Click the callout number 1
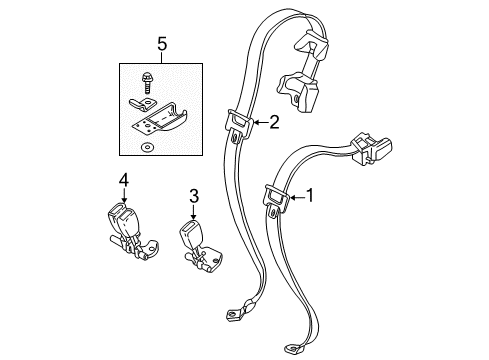pyautogui.click(x=310, y=197)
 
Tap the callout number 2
pyautogui.click(x=273, y=123)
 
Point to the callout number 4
pyautogui.click(x=124, y=181)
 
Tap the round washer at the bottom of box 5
pyautogui.click(x=148, y=146)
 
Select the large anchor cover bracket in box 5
pyautogui.click(x=166, y=119)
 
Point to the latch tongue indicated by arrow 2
pyautogui.click(x=239, y=123)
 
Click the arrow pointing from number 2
pyautogui.click(x=257, y=123)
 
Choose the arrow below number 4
pyautogui.click(x=124, y=196)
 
